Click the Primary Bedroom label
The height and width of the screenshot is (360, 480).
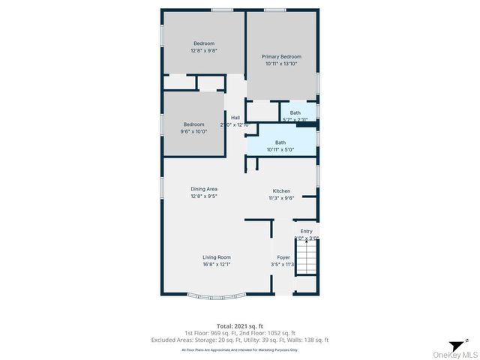(x=281, y=57)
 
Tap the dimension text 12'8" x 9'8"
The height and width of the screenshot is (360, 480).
(x=204, y=50)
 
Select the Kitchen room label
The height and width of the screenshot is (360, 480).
(x=281, y=191)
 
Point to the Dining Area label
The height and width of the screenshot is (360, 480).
(x=203, y=189)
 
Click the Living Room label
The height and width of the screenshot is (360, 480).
(x=216, y=257)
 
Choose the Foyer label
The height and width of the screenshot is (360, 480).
(x=283, y=257)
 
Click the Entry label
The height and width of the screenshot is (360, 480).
(x=306, y=231)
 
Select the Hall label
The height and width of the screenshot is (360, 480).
(x=235, y=118)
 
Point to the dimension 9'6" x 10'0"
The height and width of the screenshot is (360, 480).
(x=194, y=131)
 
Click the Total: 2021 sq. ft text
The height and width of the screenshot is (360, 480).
(x=239, y=325)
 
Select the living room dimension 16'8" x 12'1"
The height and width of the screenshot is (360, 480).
(x=216, y=265)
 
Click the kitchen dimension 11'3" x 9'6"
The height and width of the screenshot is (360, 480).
(x=281, y=198)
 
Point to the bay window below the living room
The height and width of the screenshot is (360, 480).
(x=216, y=294)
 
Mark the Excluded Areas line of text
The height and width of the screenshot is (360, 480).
(x=239, y=340)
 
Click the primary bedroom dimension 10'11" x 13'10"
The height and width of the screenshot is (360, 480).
(x=281, y=64)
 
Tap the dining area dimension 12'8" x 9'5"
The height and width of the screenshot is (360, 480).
(x=203, y=196)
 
